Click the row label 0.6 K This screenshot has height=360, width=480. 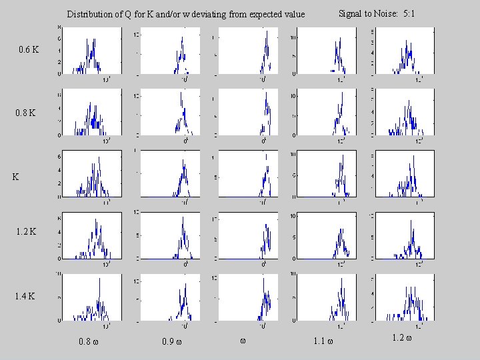[29, 49]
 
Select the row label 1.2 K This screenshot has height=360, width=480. [27, 232]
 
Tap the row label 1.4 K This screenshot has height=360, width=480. [27, 295]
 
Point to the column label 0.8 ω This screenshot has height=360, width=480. [89, 343]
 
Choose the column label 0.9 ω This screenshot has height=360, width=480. [172, 343]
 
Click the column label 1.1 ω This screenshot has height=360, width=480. [323, 343]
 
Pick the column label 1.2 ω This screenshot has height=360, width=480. [402, 338]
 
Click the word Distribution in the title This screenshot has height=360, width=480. [89, 14]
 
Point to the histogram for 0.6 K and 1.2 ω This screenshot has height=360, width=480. [406, 51]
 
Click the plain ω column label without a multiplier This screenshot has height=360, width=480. [243, 341]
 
